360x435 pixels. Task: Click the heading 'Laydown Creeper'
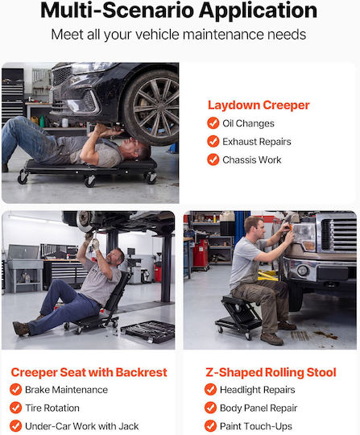pyautogui.click(x=259, y=106)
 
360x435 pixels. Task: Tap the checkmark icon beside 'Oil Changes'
pyautogui.click(x=213, y=123)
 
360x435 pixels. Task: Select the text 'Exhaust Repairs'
pyautogui.click(x=257, y=142)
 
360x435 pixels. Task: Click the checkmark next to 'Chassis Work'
pyautogui.click(x=213, y=159)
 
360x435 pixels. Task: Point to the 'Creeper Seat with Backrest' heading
pyautogui.click(x=89, y=372)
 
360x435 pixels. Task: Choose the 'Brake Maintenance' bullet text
pyautogui.click(x=66, y=390)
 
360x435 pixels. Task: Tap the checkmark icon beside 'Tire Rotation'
pyautogui.click(x=15, y=408)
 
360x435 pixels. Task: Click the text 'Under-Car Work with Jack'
pyautogui.click(x=82, y=426)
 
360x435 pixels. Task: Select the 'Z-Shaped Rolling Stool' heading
pyautogui.click(x=271, y=372)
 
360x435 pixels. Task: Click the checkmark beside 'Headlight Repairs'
pyautogui.click(x=210, y=390)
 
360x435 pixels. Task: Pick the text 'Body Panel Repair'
pyautogui.click(x=259, y=408)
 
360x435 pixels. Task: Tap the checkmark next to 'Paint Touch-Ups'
pyautogui.click(x=210, y=426)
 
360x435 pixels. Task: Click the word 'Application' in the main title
pyautogui.click(x=258, y=10)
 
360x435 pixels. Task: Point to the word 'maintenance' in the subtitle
pyautogui.click(x=223, y=35)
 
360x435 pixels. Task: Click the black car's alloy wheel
pyautogui.click(x=152, y=108)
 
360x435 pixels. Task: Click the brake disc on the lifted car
pyautogui.click(x=84, y=221)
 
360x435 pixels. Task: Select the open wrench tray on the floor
pyautogui.click(x=148, y=332)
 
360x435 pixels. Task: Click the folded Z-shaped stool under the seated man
pyautogui.click(x=238, y=316)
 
